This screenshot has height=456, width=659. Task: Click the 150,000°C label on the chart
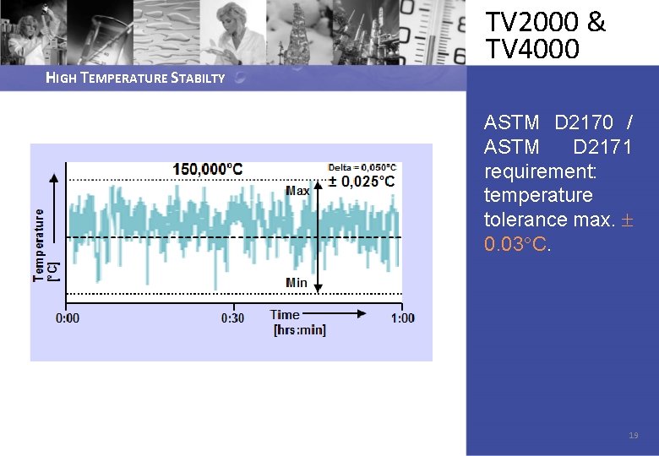207,169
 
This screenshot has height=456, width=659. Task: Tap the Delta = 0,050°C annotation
362,167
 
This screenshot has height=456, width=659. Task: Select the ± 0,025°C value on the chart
362,182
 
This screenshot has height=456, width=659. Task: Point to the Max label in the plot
297,191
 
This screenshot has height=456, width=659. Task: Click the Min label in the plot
297,282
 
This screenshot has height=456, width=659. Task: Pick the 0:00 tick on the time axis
68,318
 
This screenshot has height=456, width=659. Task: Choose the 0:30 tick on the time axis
232,318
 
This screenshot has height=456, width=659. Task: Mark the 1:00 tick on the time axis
403,318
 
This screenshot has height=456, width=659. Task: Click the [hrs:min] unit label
299,329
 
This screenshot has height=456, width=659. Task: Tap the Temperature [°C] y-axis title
43,245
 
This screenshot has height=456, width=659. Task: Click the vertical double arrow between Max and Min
318,236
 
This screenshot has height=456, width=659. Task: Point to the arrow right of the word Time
338,313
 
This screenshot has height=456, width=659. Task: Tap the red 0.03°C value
517,244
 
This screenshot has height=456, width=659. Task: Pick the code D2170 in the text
584,123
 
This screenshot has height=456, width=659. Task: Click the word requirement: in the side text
540,171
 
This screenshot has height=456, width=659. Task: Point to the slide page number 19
634,436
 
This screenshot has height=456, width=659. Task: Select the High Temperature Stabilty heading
135,79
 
